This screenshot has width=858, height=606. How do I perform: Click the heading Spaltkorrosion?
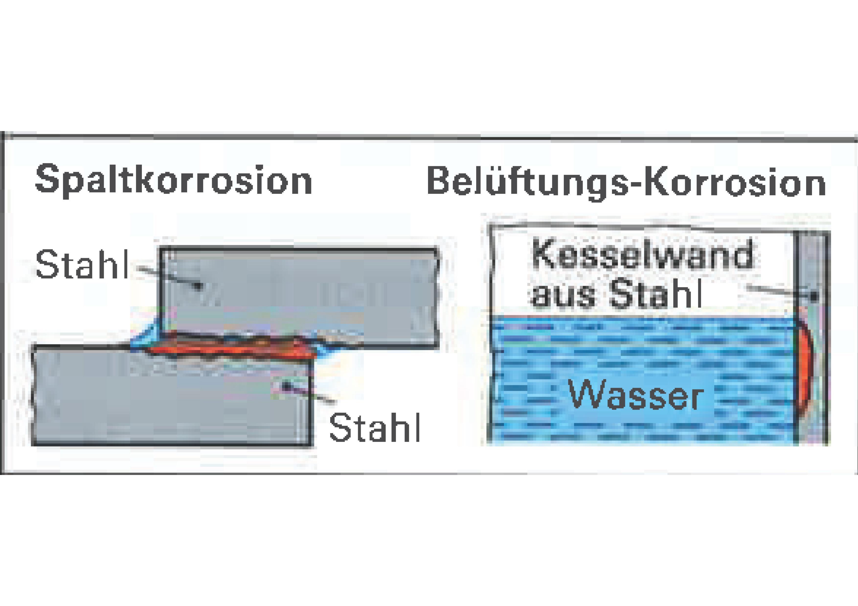coord(173,181)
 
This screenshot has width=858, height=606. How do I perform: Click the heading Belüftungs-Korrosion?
coord(626,181)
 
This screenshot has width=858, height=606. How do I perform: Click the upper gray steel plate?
coord(299,287)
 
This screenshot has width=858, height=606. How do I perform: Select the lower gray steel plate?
coord(172,407)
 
